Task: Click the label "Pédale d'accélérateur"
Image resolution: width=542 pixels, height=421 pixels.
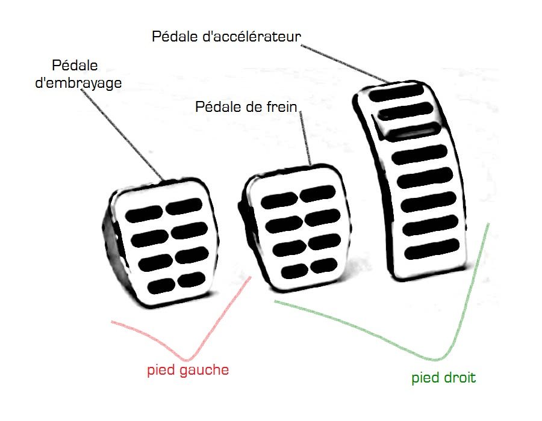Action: pos(226,36)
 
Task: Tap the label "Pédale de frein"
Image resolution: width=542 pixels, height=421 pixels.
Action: pos(248,108)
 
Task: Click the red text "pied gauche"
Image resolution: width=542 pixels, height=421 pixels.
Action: pos(188,370)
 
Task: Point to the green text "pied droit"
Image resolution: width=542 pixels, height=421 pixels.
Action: pos(443,378)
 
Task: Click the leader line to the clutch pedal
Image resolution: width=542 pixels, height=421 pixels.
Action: pos(126,135)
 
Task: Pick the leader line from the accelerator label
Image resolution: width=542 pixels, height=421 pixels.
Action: pos(343,60)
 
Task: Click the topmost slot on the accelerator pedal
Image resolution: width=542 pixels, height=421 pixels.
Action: pos(394,94)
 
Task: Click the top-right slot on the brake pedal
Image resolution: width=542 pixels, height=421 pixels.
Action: pos(318,194)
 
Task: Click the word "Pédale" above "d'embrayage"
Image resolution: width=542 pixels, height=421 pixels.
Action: pos(75,66)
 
